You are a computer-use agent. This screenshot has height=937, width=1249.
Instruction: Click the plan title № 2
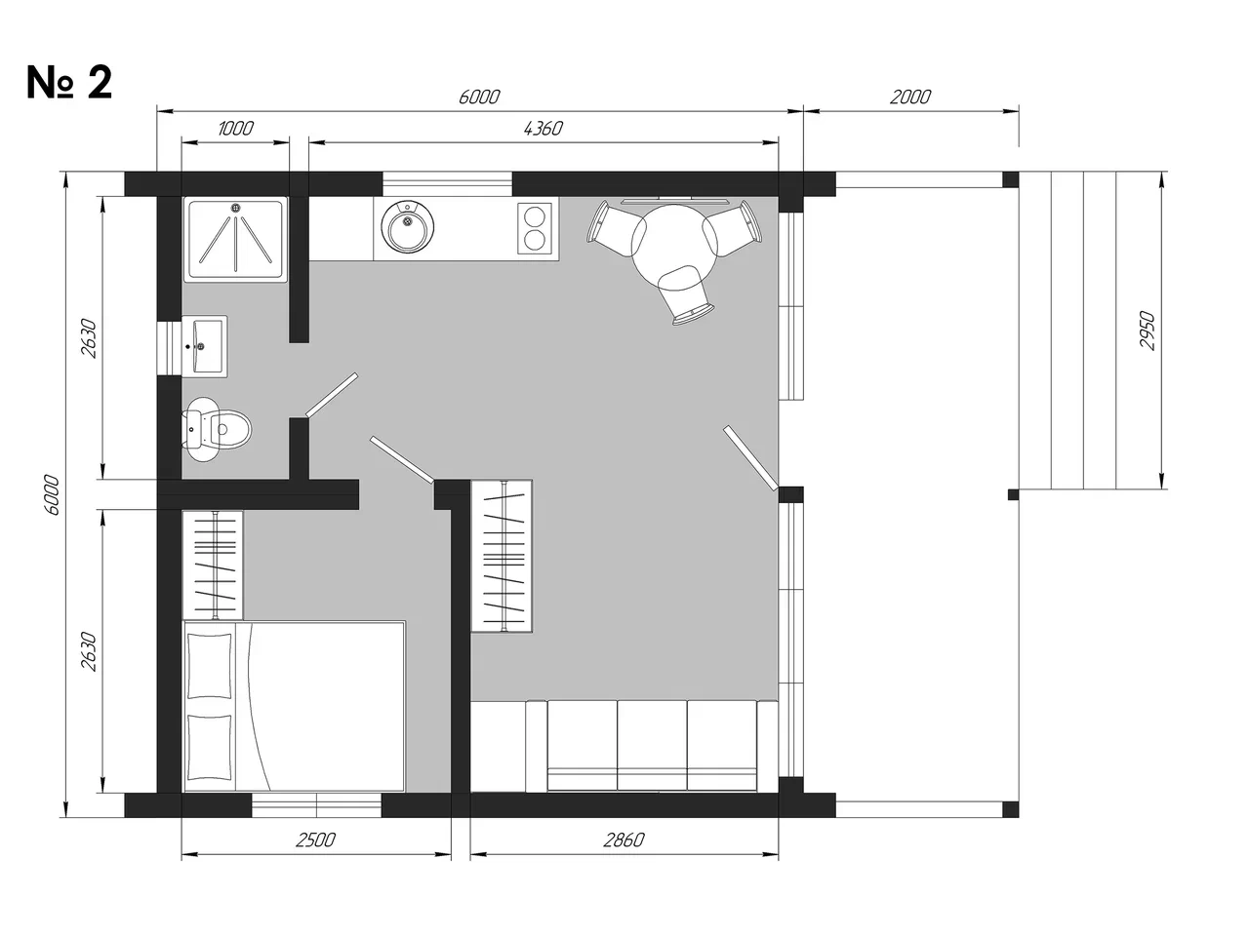[x=69, y=83]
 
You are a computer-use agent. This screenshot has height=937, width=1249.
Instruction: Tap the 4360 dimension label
[x=543, y=129]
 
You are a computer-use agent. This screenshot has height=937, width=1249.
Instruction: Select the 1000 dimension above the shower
[x=235, y=129]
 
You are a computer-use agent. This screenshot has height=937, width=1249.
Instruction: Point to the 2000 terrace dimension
[x=910, y=98]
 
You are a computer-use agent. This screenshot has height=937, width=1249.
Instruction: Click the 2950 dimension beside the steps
[x=1148, y=331]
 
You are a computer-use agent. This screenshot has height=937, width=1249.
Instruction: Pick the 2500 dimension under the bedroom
[x=316, y=839]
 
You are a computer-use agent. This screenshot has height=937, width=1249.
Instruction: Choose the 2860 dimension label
[x=624, y=839]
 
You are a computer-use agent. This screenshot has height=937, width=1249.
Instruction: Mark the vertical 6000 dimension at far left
[x=51, y=494]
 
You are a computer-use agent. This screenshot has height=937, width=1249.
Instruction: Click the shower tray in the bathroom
[x=235, y=239]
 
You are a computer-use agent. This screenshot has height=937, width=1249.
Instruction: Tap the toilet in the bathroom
[x=217, y=429]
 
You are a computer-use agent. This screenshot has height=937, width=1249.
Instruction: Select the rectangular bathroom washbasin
[x=205, y=346]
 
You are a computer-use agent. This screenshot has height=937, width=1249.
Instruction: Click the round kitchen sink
[x=408, y=226]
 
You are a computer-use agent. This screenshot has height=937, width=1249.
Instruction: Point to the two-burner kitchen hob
[x=535, y=228]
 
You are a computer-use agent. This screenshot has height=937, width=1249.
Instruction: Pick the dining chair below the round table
[x=686, y=295]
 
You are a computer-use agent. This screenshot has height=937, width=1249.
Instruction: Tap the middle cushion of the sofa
[x=652, y=745]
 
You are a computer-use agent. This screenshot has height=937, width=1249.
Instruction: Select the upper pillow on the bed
[x=210, y=666]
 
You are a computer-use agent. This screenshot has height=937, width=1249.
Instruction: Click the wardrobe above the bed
[x=213, y=565]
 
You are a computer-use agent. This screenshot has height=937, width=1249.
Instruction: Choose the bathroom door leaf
[x=332, y=395]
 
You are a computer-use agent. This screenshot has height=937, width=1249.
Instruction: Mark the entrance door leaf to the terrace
[x=750, y=457]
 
